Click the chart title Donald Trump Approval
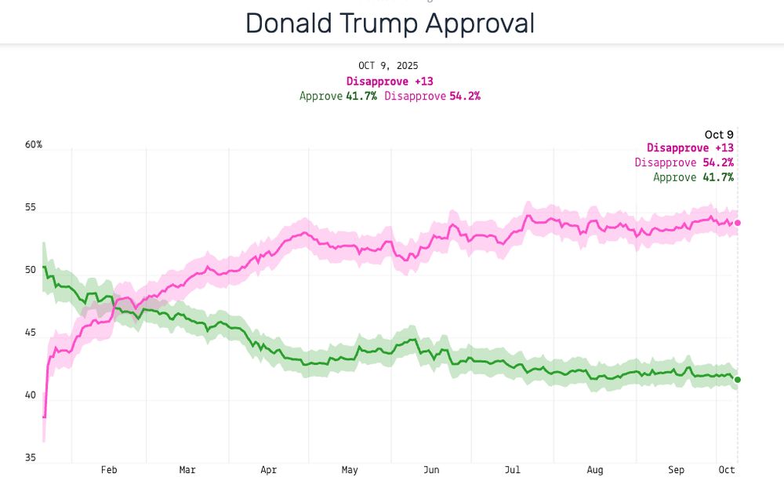(x=390, y=24)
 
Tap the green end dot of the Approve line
(x=737, y=380)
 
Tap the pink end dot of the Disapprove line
(x=737, y=223)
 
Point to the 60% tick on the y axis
(x=34, y=145)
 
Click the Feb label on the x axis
(x=109, y=470)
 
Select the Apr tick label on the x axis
(x=269, y=470)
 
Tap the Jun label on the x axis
(x=431, y=470)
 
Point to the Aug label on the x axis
(x=595, y=470)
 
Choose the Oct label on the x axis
(x=727, y=470)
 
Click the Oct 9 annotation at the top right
(x=719, y=135)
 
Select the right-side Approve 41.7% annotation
(x=693, y=177)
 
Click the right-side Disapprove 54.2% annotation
(x=684, y=162)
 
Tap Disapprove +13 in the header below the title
(x=390, y=81)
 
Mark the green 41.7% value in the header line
(x=361, y=96)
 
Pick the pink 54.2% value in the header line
(x=464, y=96)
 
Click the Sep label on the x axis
(x=676, y=470)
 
